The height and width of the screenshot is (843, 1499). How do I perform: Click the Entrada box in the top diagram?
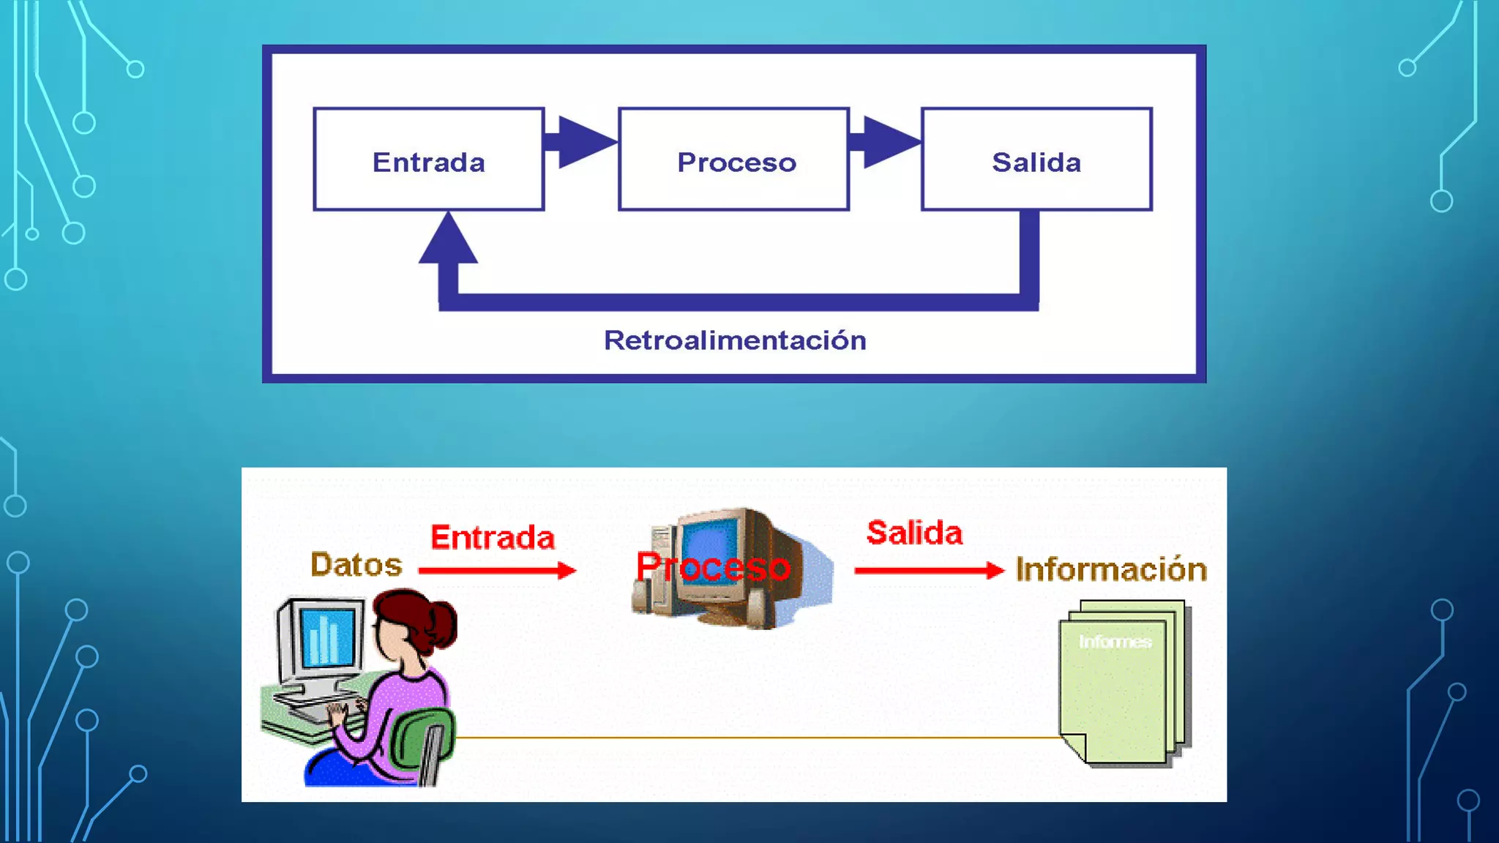pos(428,160)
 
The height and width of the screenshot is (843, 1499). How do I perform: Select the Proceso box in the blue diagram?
pos(734,160)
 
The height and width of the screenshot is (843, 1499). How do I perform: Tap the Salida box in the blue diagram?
pos(1036,160)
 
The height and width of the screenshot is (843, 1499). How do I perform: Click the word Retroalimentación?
pos(735,341)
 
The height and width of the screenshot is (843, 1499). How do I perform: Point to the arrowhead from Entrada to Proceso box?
pos(586,141)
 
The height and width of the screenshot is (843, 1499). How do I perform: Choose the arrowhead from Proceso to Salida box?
pos(890,141)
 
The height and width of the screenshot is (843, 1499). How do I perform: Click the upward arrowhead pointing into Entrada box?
pos(448,239)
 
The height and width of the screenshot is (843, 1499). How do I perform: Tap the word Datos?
pos(356,565)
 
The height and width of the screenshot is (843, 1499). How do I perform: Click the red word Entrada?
pos(493,538)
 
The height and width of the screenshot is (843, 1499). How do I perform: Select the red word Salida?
pos(914,533)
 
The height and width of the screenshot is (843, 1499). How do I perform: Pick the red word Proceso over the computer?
pos(714,567)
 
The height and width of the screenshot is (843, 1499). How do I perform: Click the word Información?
pos(1111,569)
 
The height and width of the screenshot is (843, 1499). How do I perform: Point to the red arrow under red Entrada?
pos(498,570)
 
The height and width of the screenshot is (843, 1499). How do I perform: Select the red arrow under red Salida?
pos(930,570)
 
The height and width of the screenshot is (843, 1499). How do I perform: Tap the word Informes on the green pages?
pos(1115,642)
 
